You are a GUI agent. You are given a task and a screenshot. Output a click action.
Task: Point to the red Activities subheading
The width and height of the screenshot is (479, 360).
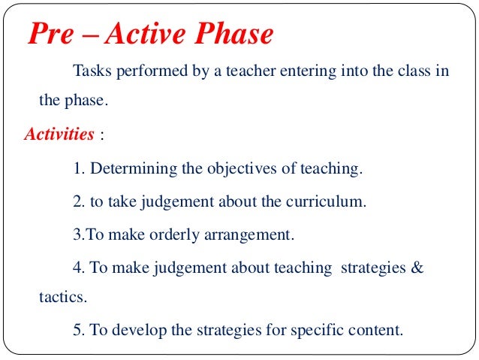point(59,135)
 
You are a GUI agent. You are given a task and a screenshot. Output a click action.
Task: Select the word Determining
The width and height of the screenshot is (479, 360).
point(132,169)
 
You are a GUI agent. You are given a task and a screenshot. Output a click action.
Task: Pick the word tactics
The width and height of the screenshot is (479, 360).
point(62,297)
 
